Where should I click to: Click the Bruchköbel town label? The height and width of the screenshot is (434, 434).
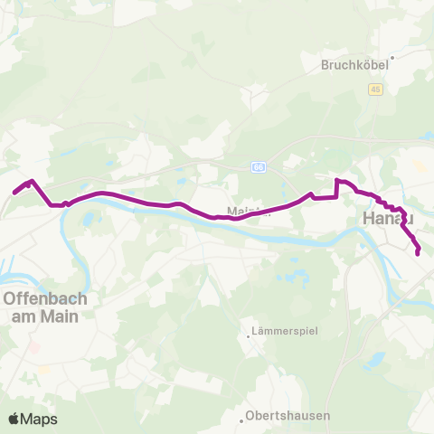tap(359, 65)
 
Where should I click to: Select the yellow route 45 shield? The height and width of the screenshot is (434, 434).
tap(374, 89)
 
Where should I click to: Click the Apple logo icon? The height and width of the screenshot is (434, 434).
tap(14, 419)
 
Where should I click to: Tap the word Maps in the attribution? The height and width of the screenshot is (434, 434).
tap(39, 419)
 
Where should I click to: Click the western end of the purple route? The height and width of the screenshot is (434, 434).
tap(14, 192)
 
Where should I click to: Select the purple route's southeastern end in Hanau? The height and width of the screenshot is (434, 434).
tap(418, 254)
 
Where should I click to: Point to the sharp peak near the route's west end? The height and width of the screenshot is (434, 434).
tap(33, 181)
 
